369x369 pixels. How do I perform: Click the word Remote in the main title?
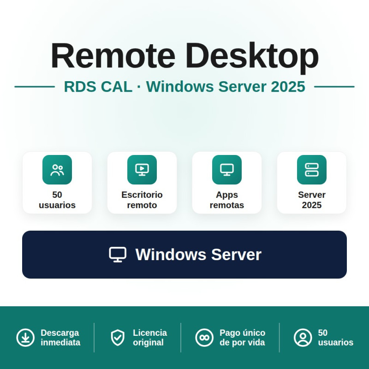113,55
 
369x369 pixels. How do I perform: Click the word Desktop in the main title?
252,58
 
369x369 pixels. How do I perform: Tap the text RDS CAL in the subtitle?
98,86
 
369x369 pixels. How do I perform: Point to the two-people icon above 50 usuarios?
57,170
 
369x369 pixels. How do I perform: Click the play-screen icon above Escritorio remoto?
142,170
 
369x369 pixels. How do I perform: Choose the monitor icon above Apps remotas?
227,170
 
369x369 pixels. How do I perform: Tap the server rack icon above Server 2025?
312,170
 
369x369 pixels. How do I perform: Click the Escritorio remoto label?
142,200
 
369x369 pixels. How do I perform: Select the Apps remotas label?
227,200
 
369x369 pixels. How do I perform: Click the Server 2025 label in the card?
312,200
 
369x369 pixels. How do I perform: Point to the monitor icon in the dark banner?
118,255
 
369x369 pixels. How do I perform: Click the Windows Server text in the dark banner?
198,255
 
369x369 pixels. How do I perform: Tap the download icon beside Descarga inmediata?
25,338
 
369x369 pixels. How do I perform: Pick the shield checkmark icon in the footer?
118,338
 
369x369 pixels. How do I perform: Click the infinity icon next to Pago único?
204,338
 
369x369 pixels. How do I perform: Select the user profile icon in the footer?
303,338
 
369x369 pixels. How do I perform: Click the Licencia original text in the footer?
150,338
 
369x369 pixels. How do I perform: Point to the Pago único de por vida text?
243,338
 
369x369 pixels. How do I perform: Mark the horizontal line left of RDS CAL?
35,87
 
